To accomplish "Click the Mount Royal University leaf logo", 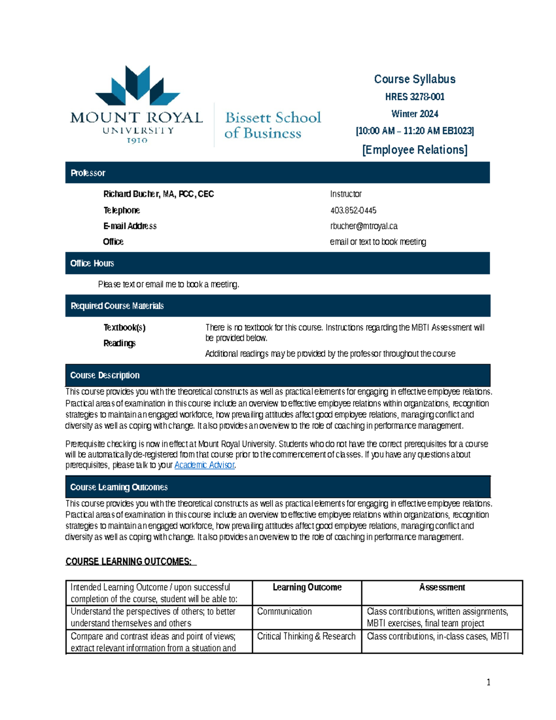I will click(x=137, y=86).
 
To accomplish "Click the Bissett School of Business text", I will click(x=272, y=125).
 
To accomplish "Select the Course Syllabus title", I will click(x=414, y=79).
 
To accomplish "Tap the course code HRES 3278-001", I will click(x=414, y=97).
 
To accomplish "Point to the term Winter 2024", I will click(x=414, y=114).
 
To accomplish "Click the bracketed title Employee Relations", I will click(x=414, y=150).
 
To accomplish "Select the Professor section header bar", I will click(x=277, y=173).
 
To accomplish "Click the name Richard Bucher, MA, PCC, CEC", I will click(x=158, y=194).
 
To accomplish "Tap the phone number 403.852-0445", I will click(x=353, y=210).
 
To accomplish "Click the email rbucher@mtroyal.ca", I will click(x=364, y=226).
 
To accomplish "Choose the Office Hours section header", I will click(x=277, y=263).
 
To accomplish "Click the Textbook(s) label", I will click(x=124, y=328).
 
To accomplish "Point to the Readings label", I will click(x=119, y=344).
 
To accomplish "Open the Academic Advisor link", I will click(x=204, y=465).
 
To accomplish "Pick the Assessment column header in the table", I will click(x=442, y=587).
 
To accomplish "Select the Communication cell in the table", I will click(x=284, y=612).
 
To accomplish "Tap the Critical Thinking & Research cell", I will click(x=306, y=637).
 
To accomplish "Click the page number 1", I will click(x=488, y=682).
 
